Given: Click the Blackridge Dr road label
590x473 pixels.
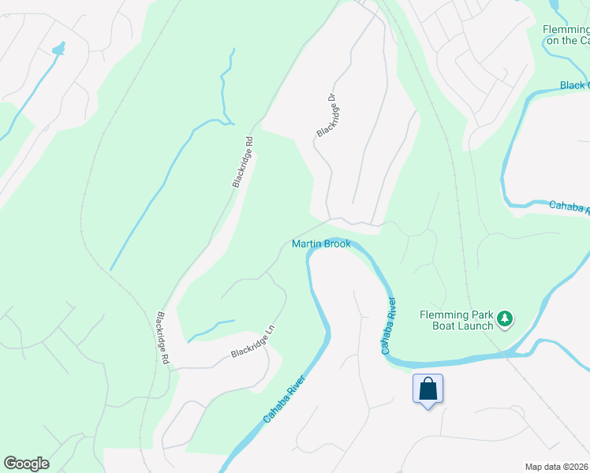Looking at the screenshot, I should (327, 115).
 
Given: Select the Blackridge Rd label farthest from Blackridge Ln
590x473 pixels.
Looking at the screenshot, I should (243, 162).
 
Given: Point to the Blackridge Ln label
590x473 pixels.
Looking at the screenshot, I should (256, 345).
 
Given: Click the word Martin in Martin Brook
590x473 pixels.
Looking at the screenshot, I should (306, 244).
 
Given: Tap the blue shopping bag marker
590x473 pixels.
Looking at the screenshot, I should (428, 389).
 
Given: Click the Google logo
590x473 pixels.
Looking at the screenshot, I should (26, 464).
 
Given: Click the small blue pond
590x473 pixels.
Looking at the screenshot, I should (58, 50).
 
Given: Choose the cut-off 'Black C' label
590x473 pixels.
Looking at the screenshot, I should (574, 85).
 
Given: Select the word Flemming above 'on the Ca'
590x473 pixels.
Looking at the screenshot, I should (566, 30).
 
